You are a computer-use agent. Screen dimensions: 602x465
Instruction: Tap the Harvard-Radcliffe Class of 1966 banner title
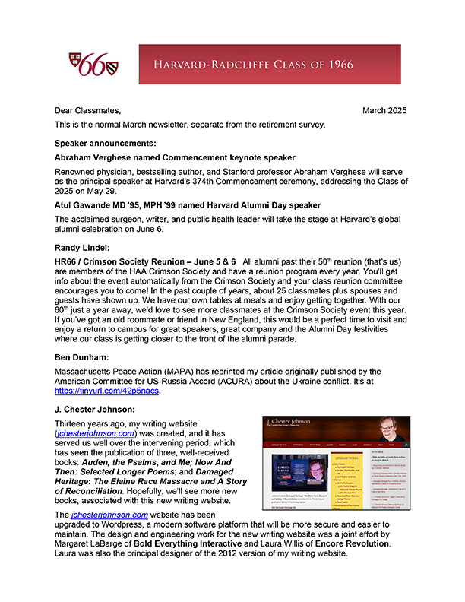270,65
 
